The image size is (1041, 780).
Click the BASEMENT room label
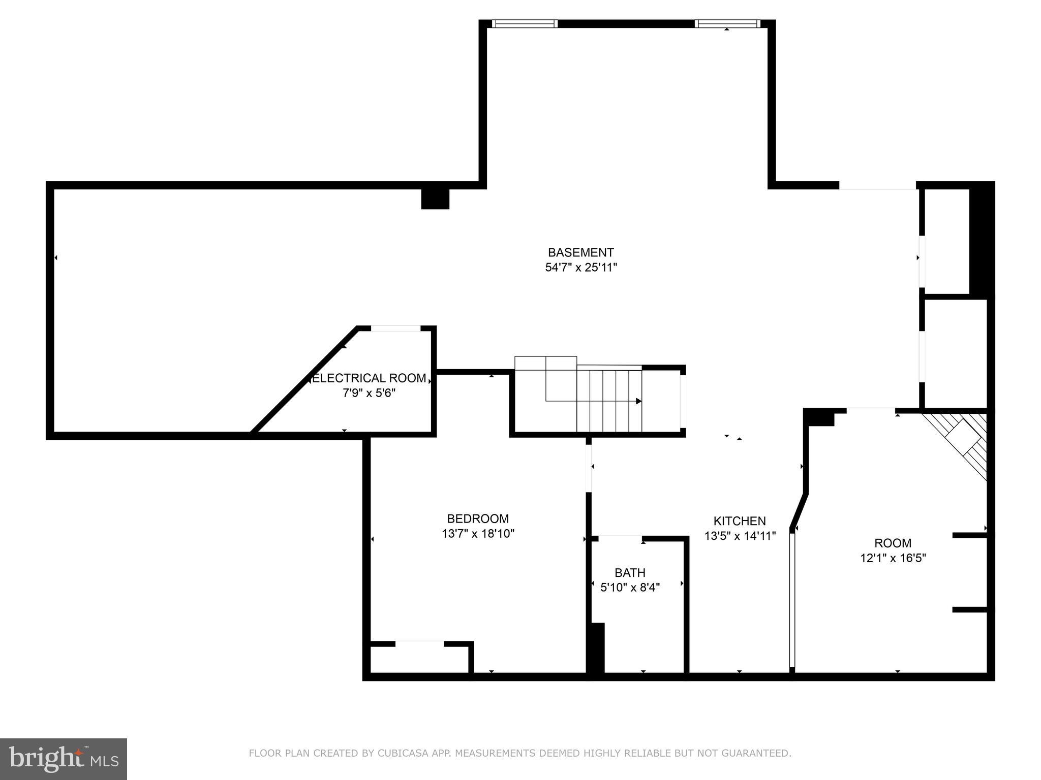(580, 252)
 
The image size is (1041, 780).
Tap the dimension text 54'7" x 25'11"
(580, 268)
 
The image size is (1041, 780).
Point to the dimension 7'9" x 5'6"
(369, 393)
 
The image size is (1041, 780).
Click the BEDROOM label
(478, 518)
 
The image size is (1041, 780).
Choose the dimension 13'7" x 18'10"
(478, 534)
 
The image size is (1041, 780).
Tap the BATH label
(630, 573)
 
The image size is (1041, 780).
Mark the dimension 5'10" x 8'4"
(630, 588)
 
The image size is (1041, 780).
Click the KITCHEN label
(740, 521)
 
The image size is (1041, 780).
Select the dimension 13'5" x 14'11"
(740, 536)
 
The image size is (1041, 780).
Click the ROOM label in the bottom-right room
(893, 543)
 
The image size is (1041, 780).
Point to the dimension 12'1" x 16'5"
(893, 558)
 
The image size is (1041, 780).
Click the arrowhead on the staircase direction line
(639, 401)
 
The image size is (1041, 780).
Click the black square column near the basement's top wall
(435, 199)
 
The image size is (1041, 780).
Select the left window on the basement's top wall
(524, 24)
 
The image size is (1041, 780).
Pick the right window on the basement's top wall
(727, 24)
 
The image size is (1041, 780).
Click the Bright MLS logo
(64, 759)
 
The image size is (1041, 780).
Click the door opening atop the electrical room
(395, 329)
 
